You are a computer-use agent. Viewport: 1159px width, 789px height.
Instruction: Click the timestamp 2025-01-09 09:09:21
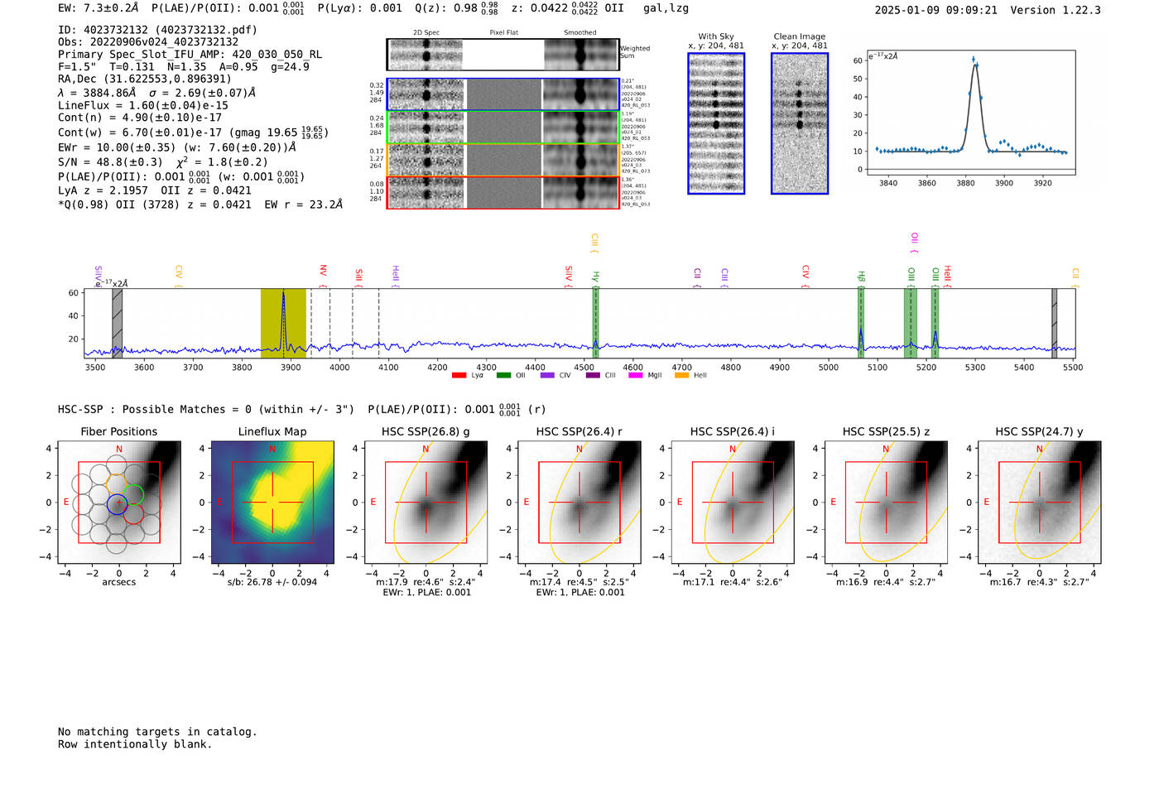point(935,10)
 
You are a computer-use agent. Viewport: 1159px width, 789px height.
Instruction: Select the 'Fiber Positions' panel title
point(118,431)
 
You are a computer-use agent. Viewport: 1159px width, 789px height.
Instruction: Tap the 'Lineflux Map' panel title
point(272,431)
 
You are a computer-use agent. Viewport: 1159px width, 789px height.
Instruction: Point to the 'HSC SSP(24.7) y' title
point(1039,431)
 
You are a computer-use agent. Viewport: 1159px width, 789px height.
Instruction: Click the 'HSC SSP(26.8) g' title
point(426,431)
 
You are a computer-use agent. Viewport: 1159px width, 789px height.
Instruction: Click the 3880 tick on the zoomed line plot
point(965,183)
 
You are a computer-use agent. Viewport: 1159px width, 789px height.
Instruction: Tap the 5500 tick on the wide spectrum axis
point(1073,367)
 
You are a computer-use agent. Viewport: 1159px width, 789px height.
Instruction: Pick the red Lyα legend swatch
point(459,376)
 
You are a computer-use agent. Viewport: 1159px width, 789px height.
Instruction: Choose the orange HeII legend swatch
point(681,376)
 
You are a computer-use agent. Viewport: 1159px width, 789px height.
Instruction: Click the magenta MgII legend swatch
point(636,376)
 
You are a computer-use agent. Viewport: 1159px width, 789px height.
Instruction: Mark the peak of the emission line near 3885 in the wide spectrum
point(283,292)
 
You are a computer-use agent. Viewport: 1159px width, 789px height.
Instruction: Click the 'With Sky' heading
point(716,36)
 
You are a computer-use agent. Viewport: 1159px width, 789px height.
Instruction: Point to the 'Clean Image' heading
point(800,36)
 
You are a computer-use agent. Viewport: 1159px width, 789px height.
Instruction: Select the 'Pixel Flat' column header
point(503,32)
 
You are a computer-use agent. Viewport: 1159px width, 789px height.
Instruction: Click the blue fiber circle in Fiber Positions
point(118,503)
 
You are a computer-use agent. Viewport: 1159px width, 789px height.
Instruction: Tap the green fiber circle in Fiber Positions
point(132,494)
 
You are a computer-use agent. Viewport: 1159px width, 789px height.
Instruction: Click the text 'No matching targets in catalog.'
point(157,732)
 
